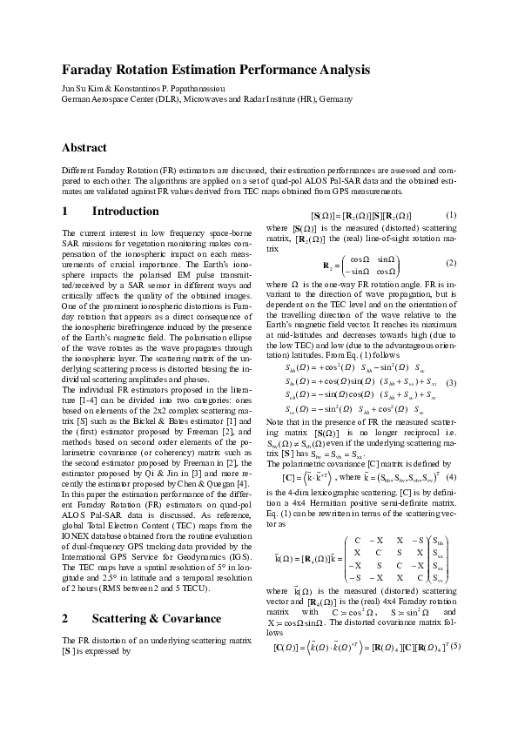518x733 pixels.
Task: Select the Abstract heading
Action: coord(84,148)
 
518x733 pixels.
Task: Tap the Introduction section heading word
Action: coord(125,212)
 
